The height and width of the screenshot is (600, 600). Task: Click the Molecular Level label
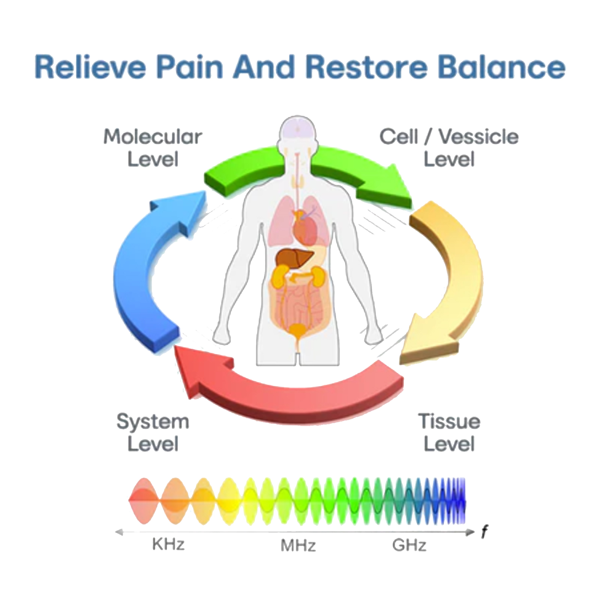tap(153, 148)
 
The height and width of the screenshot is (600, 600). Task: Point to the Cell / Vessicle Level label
tap(449, 148)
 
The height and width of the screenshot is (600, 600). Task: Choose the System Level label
tap(153, 432)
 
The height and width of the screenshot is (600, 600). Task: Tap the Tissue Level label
tap(449, 432)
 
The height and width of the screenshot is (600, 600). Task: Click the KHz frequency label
tap(168, 544)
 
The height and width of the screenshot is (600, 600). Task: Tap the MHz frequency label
tap(298, 545)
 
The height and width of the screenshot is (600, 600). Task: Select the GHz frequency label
tap(409, 545)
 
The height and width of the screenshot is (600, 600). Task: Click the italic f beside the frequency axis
tap(484, 532)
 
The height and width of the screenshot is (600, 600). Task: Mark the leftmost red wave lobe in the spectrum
tap(144, 501)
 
